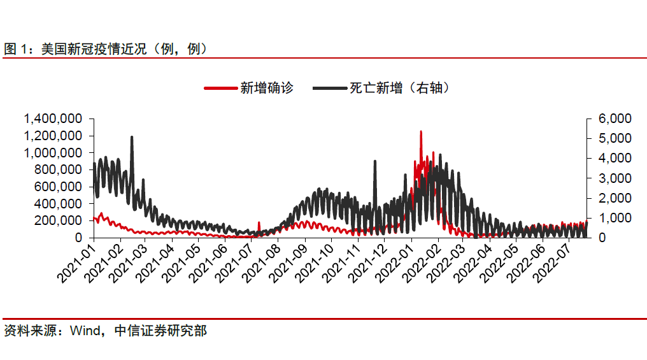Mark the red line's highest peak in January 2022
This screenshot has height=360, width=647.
[421, 132]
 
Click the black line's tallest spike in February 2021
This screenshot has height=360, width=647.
[132, 137]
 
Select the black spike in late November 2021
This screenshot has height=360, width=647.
[374, 161]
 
